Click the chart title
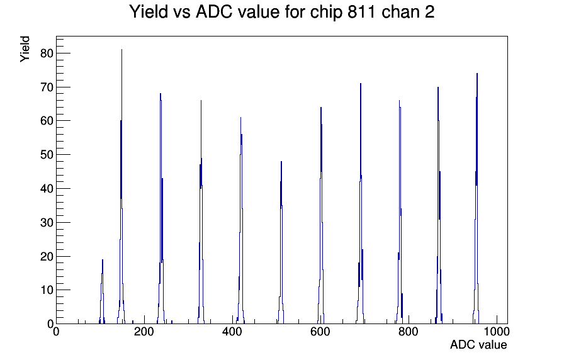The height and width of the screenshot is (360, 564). pos(281,11)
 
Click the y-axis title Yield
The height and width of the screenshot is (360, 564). pos(25,49)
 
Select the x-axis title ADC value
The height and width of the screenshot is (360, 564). pos(478,344)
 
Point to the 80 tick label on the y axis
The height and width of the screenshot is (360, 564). pos(47,53)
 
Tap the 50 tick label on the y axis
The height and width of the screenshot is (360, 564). pos(47,155)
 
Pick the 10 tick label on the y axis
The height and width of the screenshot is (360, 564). pos(47,290)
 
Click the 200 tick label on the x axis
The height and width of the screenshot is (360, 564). pos(144,331)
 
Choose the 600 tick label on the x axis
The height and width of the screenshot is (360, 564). pos(320,331)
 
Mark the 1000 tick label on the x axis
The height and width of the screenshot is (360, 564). pos(496,331)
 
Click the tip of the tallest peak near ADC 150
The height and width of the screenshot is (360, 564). pos(121,50)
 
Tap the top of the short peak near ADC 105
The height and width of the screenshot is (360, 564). pos(103,260)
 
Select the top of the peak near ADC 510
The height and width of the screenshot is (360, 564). pos(281,162)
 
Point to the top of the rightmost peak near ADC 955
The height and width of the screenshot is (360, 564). pos(477,74)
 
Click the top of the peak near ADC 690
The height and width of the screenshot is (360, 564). pos(361,84)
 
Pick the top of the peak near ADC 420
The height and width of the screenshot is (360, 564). pos(240,118)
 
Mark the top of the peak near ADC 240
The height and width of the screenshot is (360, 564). pos(161,94)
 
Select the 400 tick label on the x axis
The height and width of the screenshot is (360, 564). pos(232,331)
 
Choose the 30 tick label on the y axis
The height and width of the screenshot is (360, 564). pos(47,223)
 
